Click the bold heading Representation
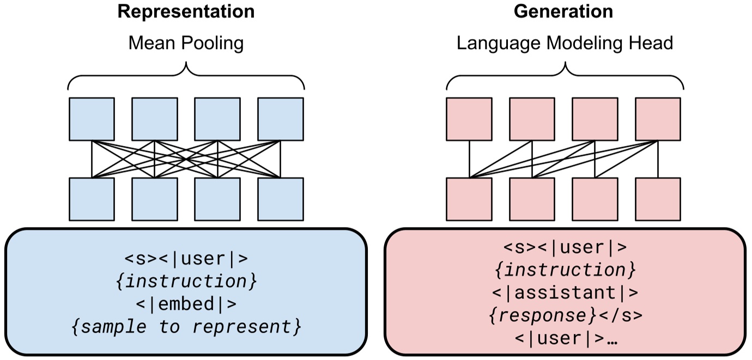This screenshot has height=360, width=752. (186, 11)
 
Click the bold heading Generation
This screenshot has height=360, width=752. (563, 11)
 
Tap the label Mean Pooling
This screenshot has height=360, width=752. (186, 43)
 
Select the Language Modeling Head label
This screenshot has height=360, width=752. (565, 43)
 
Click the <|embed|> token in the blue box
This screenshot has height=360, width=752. (186, 304)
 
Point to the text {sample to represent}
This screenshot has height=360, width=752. (186, 327)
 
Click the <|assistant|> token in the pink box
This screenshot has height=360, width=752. (565, 292)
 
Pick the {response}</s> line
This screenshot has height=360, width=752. (565, 315)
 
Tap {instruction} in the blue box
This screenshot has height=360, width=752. (186, 282)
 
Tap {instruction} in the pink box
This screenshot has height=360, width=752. (565, 270)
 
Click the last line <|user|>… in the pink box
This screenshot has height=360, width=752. (565, 338)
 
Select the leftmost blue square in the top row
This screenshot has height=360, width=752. (92, 119)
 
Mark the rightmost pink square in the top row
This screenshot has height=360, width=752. (658, 119)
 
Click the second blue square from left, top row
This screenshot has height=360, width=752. (155, 119)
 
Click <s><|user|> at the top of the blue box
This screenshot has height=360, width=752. (186, 259)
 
